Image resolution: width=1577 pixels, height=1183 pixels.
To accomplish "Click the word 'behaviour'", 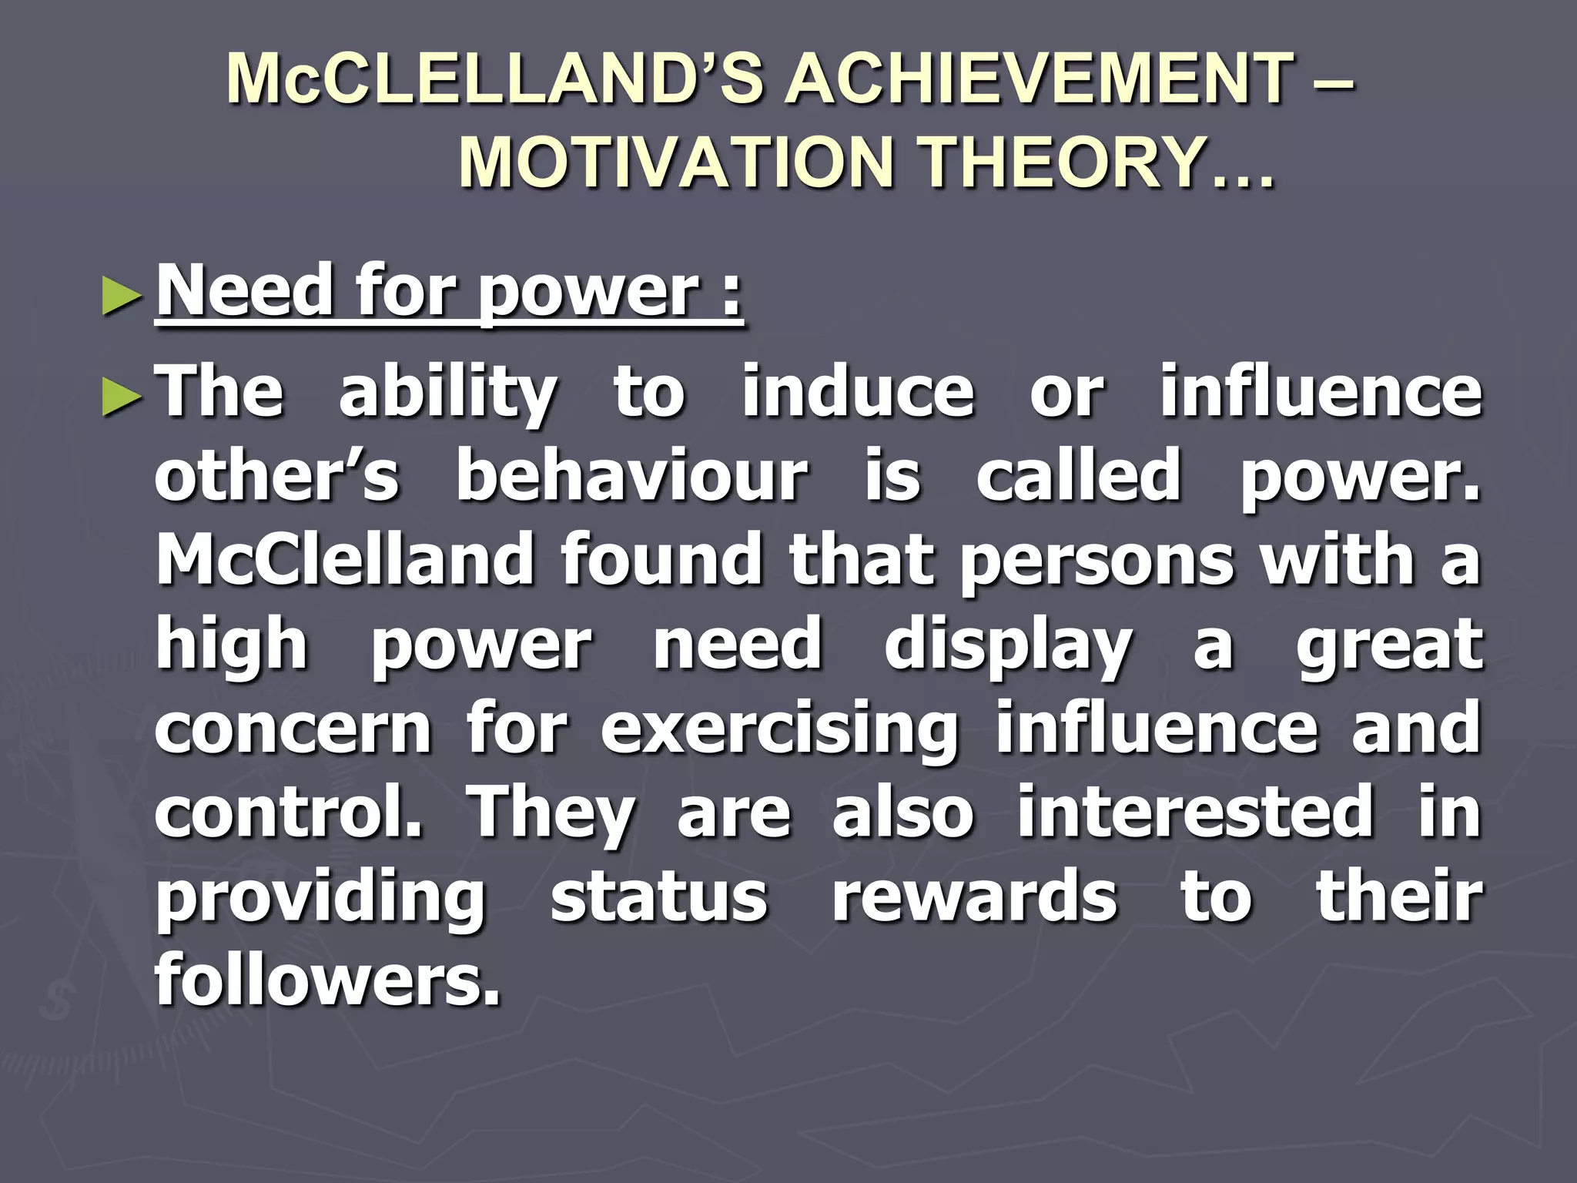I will [x=631, y=475].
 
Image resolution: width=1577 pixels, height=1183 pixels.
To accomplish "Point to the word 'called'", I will [x=1078, y=475].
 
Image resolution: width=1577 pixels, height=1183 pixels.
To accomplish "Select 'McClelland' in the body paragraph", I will [x=345, y=559].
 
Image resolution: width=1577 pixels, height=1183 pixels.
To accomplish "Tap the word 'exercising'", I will [x=779, y=730].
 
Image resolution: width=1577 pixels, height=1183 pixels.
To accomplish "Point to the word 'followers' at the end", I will [x=327, y=980].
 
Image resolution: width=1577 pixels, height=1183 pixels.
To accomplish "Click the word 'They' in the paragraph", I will [x=553, y=815].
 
